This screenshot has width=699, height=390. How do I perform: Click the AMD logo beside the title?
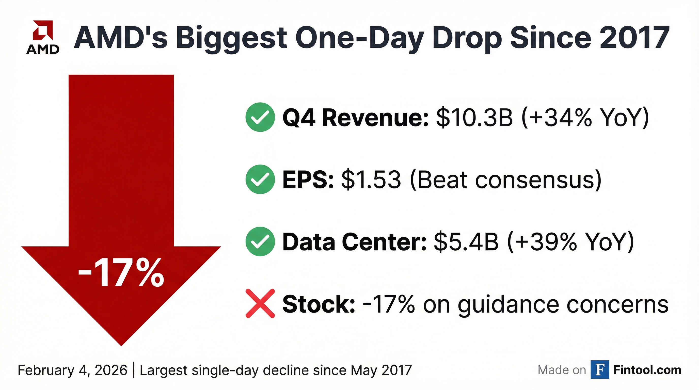[x=43, y=37]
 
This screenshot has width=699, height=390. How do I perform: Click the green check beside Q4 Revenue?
[x=260, y=117]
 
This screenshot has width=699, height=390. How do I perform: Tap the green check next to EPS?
[x=260, y=179]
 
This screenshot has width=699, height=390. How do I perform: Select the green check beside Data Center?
[x=260, y=241]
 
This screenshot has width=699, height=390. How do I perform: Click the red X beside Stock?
[x=260, y=303]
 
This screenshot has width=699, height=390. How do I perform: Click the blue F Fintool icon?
[x=600, y=370]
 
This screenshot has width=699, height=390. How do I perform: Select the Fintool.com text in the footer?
[x=647, y=370]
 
